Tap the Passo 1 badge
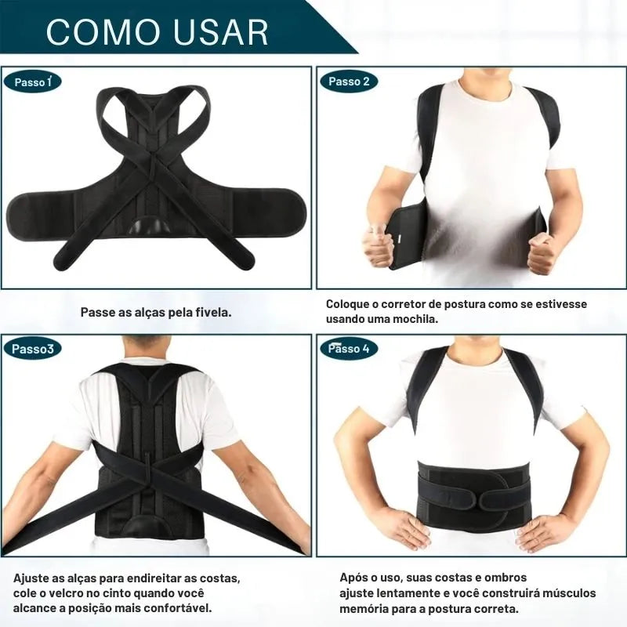tap(32, 82)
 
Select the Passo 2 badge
tap(349, 82)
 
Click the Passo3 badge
tap(33, 349)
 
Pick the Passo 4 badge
tap(349, 349)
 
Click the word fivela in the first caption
tap(216, 312)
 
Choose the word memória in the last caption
tap(364, 609)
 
